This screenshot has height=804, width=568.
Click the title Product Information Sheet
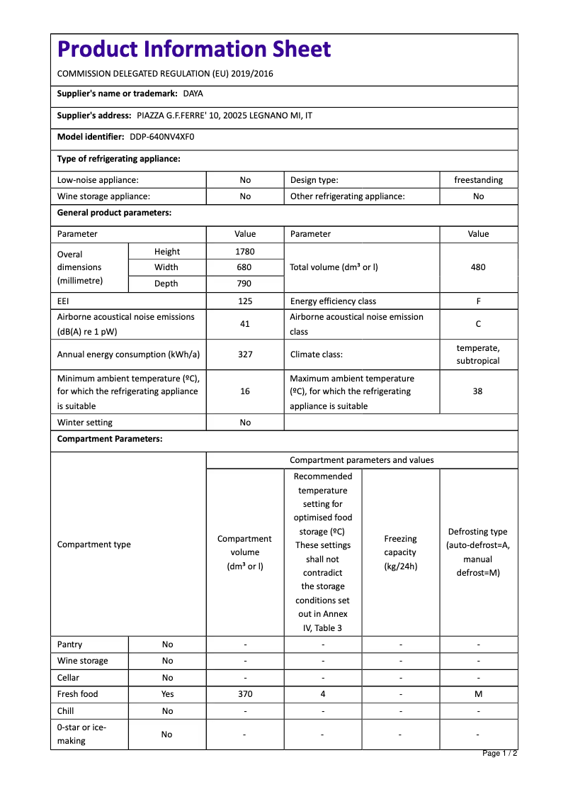pos(194,50)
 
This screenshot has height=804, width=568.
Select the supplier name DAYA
pos(193,94)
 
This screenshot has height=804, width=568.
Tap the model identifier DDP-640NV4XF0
pos(161,137)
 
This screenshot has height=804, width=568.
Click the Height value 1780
pos(245,252)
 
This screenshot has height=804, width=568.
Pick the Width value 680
pos(245,267)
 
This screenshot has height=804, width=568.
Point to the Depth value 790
pos(245,284)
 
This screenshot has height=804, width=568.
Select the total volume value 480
pos(478,267)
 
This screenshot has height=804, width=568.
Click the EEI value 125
pos(245,301)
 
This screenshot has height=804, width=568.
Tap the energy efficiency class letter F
pos(478,301)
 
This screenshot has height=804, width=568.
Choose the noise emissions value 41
pos(245,324)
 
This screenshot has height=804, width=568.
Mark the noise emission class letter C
pos(478,324)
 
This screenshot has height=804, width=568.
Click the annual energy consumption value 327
pos(245,354)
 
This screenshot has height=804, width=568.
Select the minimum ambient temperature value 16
pos(245,391)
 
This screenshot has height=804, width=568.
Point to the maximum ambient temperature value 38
pos(478,391)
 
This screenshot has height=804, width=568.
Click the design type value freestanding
pos(478,180)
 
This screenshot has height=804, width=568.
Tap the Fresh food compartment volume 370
pos(245,694)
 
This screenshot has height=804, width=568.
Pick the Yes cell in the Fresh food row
pos(167,694)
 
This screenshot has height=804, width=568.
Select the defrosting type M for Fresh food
pos(478,694)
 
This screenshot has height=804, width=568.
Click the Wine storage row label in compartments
pos(83,661)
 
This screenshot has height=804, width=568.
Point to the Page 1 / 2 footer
pos(499,753)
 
